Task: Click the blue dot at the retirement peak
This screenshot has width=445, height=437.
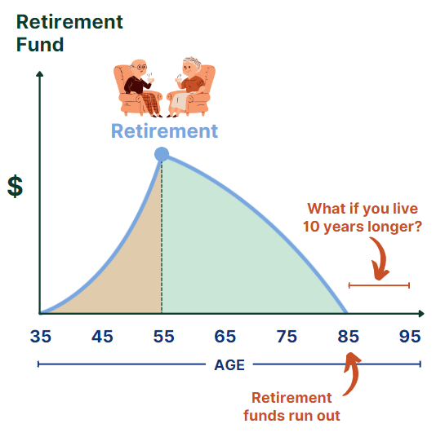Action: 162,154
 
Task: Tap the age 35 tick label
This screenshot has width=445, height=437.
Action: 41,337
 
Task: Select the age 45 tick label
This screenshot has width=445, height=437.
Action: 102,337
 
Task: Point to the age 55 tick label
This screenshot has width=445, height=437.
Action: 164,337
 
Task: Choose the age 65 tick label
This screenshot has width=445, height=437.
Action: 225,337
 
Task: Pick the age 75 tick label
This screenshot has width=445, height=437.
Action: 287,337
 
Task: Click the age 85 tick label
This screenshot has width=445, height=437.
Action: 348,337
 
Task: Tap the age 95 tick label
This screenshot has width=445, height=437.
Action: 410,337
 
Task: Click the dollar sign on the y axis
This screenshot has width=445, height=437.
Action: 15,186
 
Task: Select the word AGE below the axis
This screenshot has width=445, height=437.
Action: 229,364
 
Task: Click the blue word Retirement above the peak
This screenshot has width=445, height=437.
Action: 164,131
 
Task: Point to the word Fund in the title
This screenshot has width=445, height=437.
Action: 40,45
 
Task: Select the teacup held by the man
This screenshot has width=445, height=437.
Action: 150,80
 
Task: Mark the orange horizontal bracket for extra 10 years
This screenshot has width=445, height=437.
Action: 379,285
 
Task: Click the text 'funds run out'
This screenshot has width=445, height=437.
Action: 291,416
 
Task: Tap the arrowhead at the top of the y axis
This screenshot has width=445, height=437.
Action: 40,73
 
